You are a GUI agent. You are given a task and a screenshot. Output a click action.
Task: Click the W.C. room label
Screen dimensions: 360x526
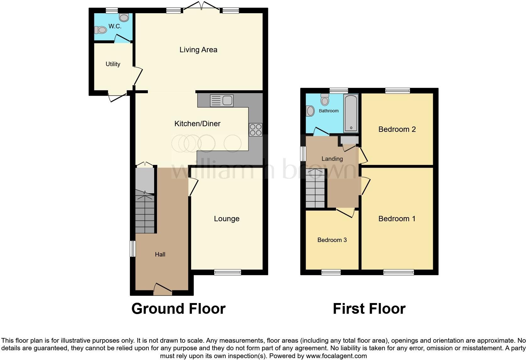click(x=115, y=26)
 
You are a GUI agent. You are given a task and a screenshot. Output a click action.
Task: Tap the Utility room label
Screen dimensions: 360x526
click(x=113, y=64)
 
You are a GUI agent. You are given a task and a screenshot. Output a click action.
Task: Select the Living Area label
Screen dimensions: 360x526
click(x=198, y=50)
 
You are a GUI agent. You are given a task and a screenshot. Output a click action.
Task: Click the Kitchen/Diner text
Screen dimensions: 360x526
click(x=197, y=124)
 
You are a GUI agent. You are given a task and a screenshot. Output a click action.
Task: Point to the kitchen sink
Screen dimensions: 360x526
click(x=222, y=101)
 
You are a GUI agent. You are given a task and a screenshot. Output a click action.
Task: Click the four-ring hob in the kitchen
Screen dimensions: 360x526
click(x=255, y=129)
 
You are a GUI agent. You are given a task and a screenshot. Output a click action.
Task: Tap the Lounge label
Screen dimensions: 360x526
click(x=227, y=219)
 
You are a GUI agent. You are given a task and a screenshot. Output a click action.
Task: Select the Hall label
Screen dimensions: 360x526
click(x=160, y=254)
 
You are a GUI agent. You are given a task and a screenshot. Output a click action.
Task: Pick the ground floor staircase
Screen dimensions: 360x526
click(x=145, y=214)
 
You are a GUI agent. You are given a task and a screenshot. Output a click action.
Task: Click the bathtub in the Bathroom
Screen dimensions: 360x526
click(x=351, y=113)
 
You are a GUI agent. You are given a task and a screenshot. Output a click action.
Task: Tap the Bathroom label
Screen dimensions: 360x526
click(x=329, y=111)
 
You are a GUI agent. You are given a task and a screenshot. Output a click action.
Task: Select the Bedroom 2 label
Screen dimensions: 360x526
click(x=397, y=129)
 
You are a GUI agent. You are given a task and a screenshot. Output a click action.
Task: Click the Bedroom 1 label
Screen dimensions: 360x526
click(x=397, y=219)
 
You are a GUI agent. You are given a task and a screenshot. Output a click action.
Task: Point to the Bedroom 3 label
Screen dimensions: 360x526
click(x=332, y=240)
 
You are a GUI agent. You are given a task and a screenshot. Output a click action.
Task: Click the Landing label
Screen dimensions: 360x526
click(x=332, y=159)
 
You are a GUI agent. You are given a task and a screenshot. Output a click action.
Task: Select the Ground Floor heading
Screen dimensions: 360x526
click(x=178, y=309)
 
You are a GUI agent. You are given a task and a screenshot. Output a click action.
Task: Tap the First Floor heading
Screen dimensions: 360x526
click(x=369, y=309)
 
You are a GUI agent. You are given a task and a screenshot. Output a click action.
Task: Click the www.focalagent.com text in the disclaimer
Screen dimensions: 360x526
click(x=336, y=356)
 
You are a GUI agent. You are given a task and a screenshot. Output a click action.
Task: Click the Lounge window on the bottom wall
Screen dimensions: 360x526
click(x=227, y=272)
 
